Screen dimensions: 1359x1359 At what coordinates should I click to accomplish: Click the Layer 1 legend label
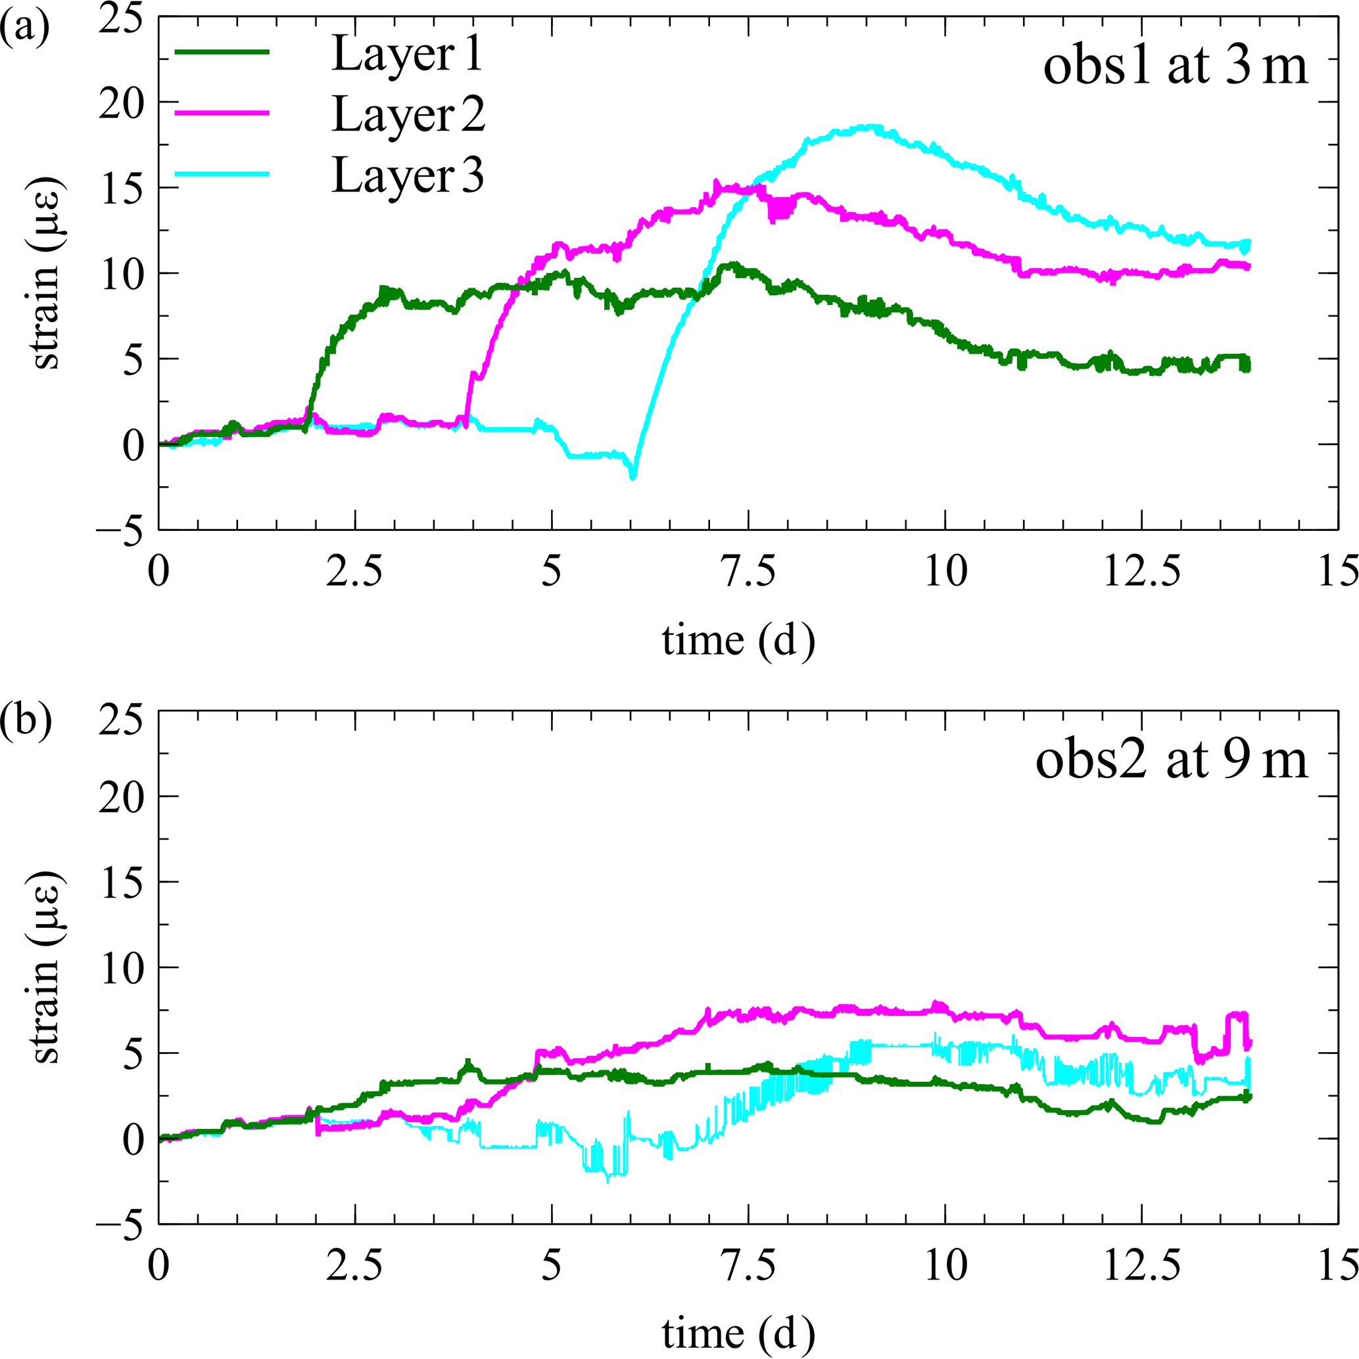pyautogui.click(x=408, y=54)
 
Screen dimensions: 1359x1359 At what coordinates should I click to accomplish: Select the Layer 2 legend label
pyautogui.click(x=408, y=114)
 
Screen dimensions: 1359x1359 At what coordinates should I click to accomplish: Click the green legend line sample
pyautogui.click(x=222, y=51)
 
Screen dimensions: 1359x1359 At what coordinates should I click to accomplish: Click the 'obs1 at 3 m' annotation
pyautogui.click(x=1175, y=68)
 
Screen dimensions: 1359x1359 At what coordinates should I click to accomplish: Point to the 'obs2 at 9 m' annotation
pyautogui.click(x=1171, y=761)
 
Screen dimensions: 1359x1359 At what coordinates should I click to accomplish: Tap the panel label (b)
pyautogui.click(x=26, y=722)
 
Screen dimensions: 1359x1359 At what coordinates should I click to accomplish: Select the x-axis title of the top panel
pyautogui.click(x=738, y=640)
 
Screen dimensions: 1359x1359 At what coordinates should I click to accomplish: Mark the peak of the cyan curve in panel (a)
pyautogui.click(x=871, y=127)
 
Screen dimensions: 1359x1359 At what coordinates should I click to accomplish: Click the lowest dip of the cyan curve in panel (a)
pyautogui.click(x=632, y=478)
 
